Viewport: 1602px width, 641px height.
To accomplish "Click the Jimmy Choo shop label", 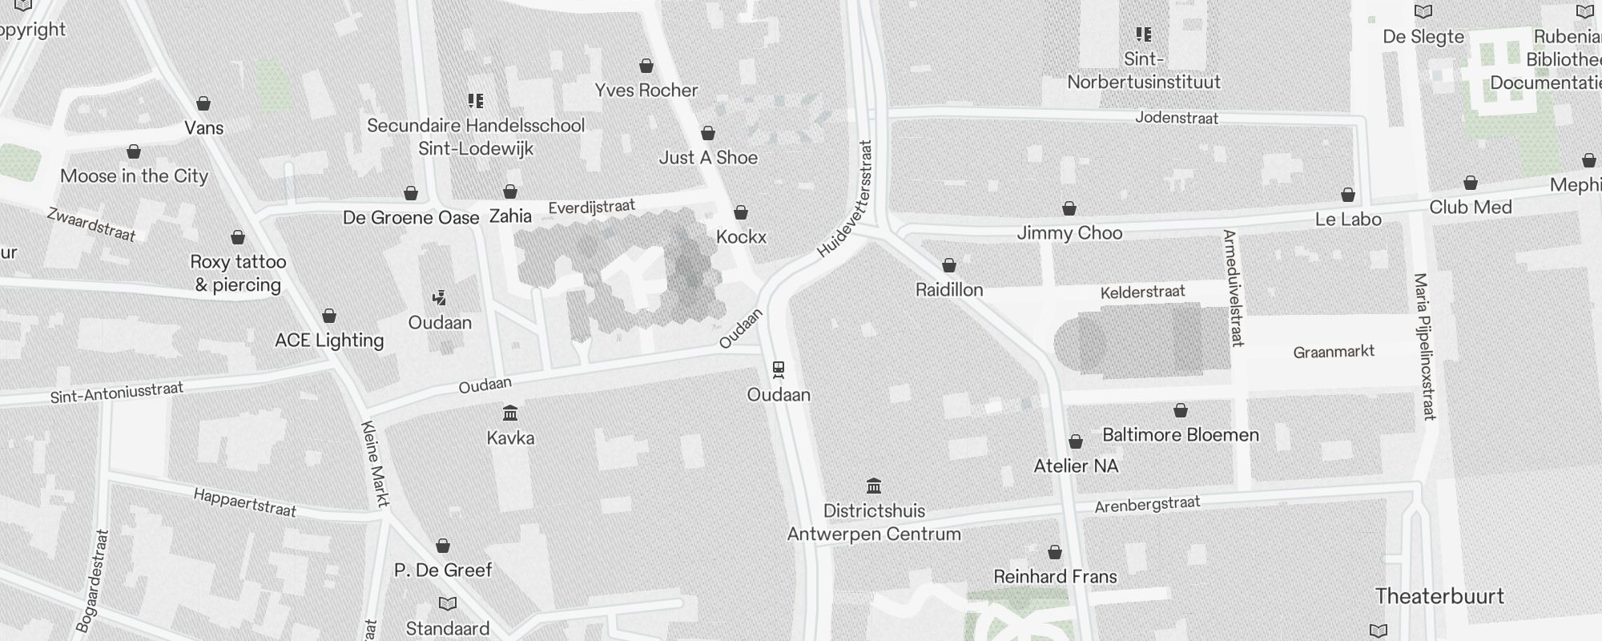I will tap(1069, 233).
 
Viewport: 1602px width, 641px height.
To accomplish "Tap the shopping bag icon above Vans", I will tap(203, 103).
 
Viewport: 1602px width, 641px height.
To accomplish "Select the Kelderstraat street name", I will tap(1142, 292).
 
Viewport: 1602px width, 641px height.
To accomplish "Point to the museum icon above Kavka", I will tap(510, 413).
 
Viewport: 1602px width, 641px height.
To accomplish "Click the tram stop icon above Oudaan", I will tap(778, 370).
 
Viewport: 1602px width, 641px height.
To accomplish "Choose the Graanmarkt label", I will tap(1334, 352).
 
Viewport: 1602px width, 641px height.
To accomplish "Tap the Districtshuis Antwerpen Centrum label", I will tap(874, 522).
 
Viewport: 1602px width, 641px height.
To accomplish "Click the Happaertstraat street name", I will tap(244, 502).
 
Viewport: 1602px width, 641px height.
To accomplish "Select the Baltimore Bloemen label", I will tap(1181, 435).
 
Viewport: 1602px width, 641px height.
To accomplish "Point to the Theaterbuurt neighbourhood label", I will tap(1439, 596).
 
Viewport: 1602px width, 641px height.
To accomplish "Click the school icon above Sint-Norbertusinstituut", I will tap(1143, 34).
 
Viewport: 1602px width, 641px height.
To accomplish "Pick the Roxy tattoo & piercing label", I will tap(238, 273).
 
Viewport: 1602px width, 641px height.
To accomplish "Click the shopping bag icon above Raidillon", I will tap(949, 265).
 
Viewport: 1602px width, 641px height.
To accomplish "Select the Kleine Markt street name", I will tap(375, 464).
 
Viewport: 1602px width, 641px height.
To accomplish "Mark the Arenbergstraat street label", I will tap(1147, 505).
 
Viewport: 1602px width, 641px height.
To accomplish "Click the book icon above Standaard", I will tap(448, 603).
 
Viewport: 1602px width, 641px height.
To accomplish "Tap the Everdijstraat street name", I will tap(591, 208).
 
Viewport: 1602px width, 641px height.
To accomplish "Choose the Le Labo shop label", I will tap(1348, 220).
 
